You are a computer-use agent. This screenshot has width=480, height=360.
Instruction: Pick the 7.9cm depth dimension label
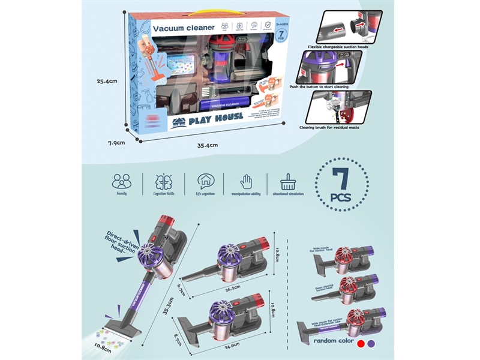[x=115, y=143]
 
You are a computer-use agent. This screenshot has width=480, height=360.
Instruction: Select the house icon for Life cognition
[x=205, y=181]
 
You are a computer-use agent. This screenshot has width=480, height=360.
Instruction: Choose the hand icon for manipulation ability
[x=246, y=181]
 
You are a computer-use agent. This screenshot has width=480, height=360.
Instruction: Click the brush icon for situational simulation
[x=288, y=181]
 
